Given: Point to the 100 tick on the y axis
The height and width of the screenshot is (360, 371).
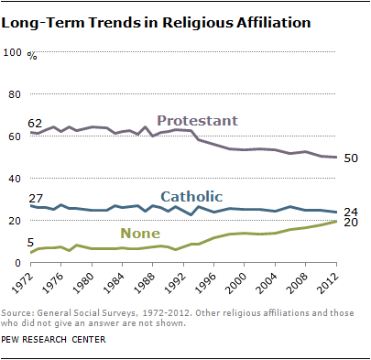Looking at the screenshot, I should pyautogui.click(x=13, y=52).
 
